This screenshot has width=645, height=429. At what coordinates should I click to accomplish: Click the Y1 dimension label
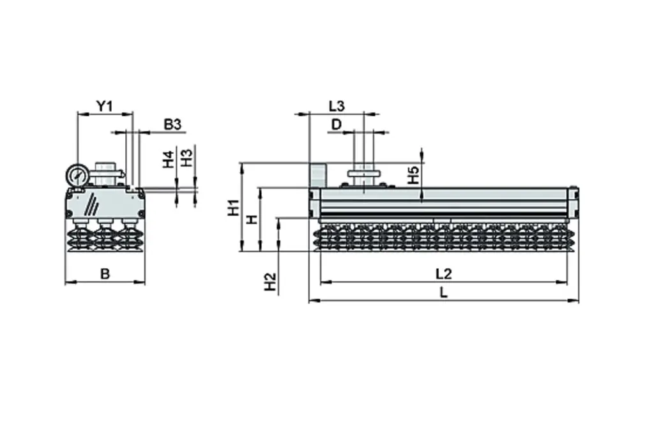click(104, 106)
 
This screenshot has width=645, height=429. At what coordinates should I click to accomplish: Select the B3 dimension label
click(172, 124)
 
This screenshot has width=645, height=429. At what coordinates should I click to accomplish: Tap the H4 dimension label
click(168, 160)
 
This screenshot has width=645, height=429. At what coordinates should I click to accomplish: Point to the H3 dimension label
click(186, 157)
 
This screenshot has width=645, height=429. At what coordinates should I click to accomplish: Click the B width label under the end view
click(105, 275)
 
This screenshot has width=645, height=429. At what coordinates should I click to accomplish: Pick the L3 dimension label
click(337, 106)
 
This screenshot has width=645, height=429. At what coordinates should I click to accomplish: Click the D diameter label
click(336, 124)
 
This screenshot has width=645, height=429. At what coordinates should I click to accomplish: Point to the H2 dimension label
click(271, 282)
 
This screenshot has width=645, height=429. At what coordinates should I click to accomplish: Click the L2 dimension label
click(443, 274)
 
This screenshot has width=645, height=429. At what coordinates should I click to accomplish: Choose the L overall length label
click(443, 293)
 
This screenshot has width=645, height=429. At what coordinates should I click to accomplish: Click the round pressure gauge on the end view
click(77, 175)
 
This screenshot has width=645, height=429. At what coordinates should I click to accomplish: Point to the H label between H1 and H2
click(252, 219)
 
